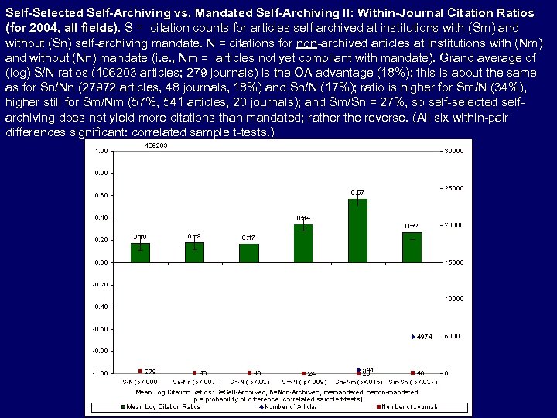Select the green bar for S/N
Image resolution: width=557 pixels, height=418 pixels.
click(x=140, y=252)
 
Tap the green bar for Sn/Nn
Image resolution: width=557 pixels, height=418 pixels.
click(x=194, y=252)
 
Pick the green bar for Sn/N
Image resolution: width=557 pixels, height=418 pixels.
click(x=249, y=253)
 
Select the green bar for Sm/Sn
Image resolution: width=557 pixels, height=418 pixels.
click(x=412, y=247)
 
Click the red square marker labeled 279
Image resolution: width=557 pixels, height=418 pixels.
click(x=140, y=371)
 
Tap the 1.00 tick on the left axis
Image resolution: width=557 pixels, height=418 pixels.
click(x=101, y=151)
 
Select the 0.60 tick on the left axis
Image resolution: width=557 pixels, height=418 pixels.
click(x=101, y=196)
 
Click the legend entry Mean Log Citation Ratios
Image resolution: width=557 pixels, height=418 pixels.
click(x=159, y=406)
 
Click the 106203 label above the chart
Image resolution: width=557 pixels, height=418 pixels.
click(x=159, y=145)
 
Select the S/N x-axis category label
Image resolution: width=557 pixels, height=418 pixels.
click(x=139, y=382)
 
